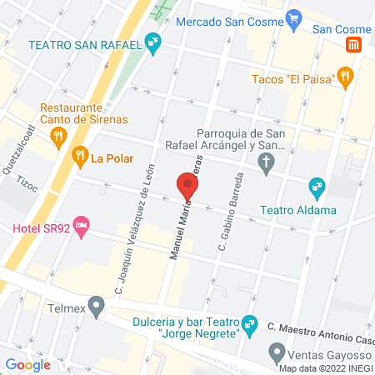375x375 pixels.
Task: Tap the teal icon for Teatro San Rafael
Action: [152, 40]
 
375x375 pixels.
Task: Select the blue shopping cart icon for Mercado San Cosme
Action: [292, 17]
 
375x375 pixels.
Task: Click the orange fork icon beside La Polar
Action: [80, 154]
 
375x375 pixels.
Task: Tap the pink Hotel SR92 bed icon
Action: [81, 225]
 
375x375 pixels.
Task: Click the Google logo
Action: [27, 364]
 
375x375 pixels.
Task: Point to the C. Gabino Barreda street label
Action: [230, 213]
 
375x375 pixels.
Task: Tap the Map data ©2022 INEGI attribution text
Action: [325, 369]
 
